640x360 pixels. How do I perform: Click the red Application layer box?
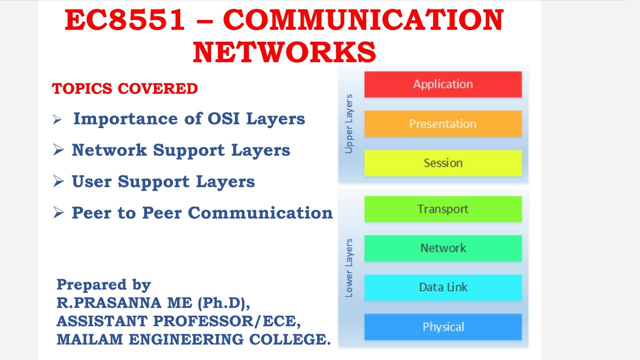[x=442, y=84]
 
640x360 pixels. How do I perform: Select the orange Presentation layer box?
[x=442, y=123]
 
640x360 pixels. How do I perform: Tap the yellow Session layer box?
[x=442, y=163]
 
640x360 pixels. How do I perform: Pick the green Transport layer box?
[x=442, y=208]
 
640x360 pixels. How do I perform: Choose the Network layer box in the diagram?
[x=442, y=248]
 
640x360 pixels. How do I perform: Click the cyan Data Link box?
[x=442, y=287]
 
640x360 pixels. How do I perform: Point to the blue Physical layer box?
[x=442, y=327]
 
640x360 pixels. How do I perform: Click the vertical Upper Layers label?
[x=349, y=123]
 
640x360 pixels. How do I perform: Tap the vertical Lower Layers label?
[x=349, y=268]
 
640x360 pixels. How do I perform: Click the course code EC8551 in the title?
[x=125, y=21]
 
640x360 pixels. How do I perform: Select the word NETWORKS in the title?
[x=284, y=52]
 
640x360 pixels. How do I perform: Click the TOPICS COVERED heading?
[x=125, y=88]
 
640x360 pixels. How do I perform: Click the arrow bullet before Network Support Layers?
[x=58, y=150]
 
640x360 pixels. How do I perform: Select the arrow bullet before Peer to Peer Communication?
[x=58, y=213]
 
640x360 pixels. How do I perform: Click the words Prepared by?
[x=103, y=284]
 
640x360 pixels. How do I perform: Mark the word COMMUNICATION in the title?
[x=363, y=21]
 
